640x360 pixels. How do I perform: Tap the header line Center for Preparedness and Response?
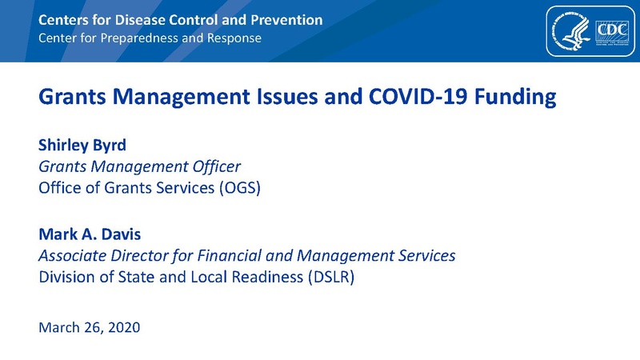click(x=150, y=38)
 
